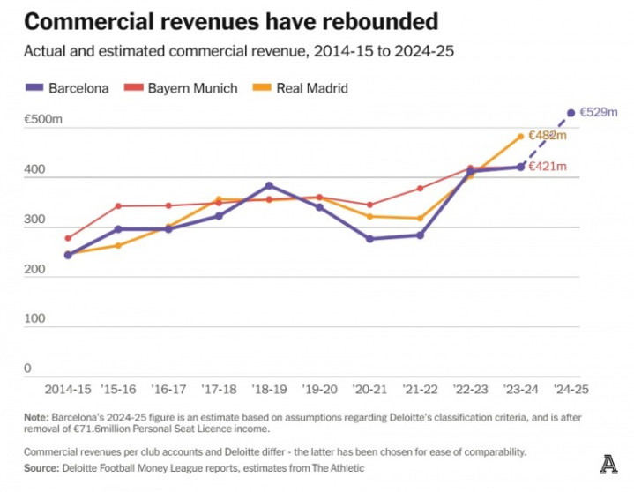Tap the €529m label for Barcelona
click(x=600, y=113)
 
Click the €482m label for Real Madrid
click(x=548, y=136)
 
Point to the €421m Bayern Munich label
click(x=548, y=167)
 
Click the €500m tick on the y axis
click(x=42, y=117)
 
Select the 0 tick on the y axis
click(x=27, y=368)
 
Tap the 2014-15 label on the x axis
click(x=68, y=389)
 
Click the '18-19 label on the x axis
click(x=269, y=389)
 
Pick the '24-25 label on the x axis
click(x=571, y=389)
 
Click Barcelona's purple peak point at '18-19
click(x=269, y=186)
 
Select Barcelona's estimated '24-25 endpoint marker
click(x=571, y=113)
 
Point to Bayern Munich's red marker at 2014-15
click(x=68, y=238)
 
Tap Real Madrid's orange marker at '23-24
click(x=520, y=137)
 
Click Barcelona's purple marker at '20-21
click(x=369, y=239)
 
